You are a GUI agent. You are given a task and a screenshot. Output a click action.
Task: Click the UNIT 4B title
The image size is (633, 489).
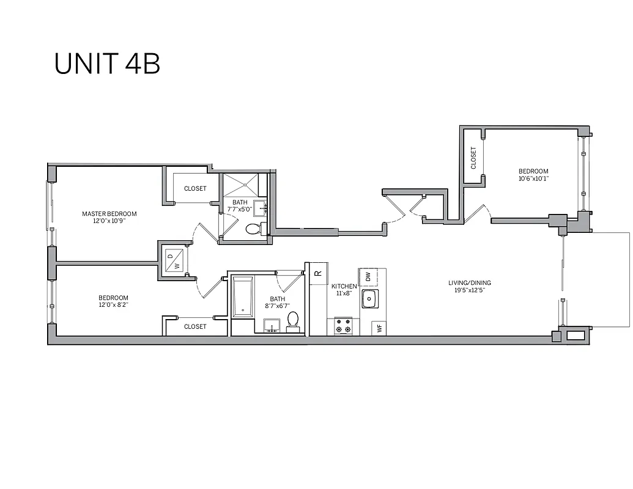pyautogui.click(x=107, y=64)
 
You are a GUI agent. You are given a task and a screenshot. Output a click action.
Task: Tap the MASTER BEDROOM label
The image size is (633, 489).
pyautogui.click(x=109, y=214)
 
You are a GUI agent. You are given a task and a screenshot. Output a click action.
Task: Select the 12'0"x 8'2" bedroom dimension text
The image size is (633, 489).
pyautogui.click(x=113, y=304)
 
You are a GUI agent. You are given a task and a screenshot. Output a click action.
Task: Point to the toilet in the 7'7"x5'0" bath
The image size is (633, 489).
pyautogui.click(x=253, y=229)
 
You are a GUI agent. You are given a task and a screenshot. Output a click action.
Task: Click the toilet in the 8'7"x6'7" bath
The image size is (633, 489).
pyautogui.click(x=293, y=320)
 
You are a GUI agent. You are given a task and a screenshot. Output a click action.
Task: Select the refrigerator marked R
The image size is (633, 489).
pyautogui.click(x=318, y=273)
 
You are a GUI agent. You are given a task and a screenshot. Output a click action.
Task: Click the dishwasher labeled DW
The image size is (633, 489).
pyautogui.click(x=368, y=277)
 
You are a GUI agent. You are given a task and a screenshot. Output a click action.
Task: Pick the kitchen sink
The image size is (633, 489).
pyautogui.click(x=369, y=299)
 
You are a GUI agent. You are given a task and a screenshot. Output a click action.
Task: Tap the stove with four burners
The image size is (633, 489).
pyautogui.click(x=343, y=326)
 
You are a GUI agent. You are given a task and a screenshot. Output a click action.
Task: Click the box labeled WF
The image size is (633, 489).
pyautogui.click(x=380, y=328)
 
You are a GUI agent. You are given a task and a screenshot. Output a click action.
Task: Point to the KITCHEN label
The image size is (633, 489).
pyautogui.click(x=344, y=286)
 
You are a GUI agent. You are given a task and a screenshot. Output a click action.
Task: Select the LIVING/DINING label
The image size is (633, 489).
pyautogui.click(x=470, y=283)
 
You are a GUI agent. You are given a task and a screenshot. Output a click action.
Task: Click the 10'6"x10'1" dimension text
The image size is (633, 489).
pyautogui.click(x=533, y=179)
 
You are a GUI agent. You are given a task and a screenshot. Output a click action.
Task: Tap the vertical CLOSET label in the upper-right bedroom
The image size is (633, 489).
pyautogui.click(x=473, y=158)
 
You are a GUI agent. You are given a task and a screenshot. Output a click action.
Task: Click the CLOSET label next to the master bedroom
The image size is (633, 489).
pyautogui.click(x=195, y=189)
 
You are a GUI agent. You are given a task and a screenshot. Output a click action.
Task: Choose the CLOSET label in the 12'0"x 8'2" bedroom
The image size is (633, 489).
pyautogui.click(x=195, y=326)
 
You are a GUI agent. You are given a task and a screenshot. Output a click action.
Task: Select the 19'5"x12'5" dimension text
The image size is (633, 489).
pyautogui.click(x=470, y=290)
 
